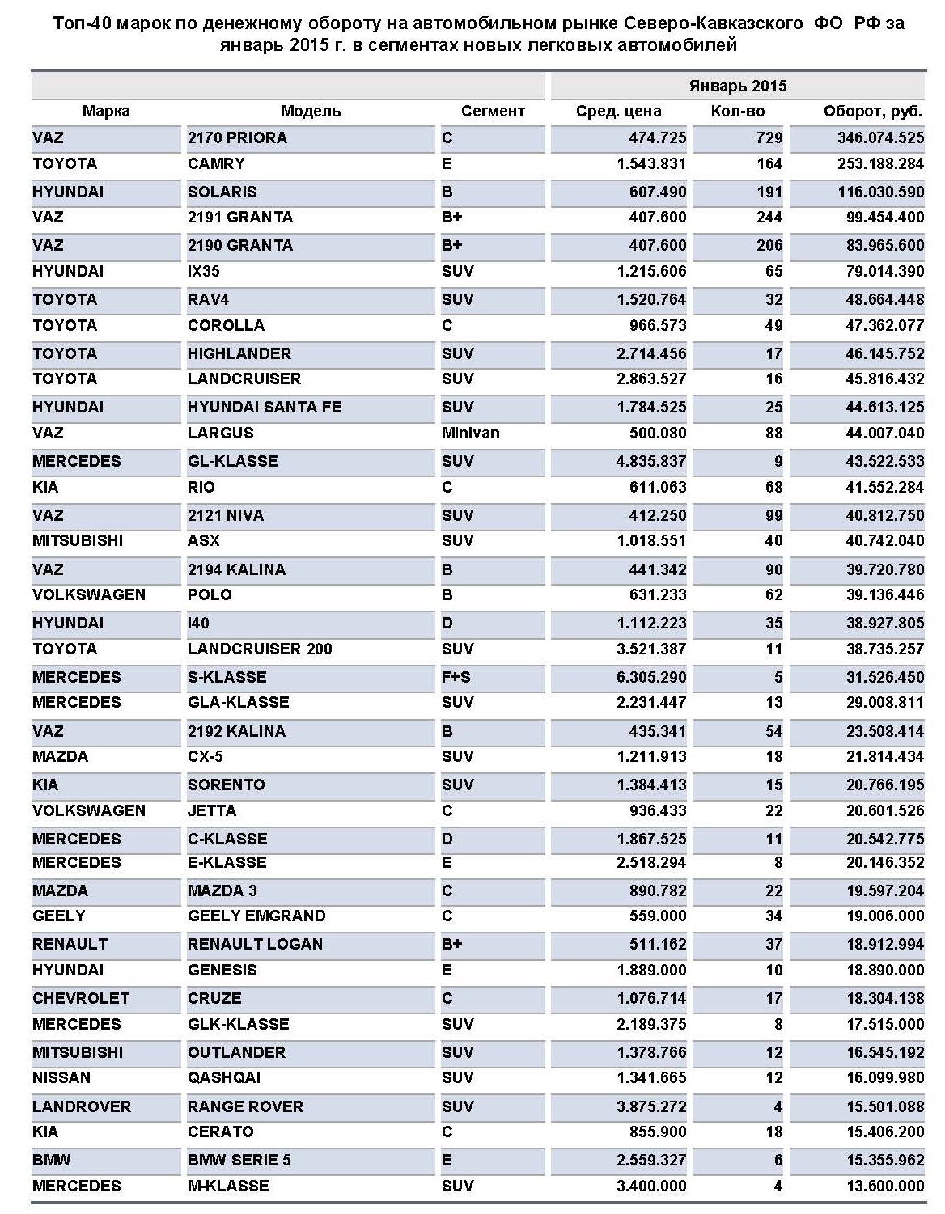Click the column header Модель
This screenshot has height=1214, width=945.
coord(311,112)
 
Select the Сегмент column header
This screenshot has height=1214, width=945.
coord(493,112)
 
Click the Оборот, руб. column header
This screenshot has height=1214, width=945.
coord(873,112)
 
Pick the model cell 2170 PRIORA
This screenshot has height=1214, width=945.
coord(237,138)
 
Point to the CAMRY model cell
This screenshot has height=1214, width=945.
coord(216,164)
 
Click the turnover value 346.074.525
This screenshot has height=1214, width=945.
coord(880,138)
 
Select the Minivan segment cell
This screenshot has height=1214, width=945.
coord(471,434)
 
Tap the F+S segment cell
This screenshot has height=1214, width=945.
coord(456,678)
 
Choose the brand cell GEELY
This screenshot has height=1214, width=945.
coord(59,916)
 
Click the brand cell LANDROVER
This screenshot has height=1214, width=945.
coord(81,1107)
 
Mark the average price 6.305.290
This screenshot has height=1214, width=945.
coord(650,678)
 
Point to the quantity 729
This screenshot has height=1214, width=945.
coord(769,138)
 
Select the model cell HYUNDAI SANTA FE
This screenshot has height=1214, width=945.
coord(265,408)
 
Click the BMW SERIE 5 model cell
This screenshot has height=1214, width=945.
coord(239,1161)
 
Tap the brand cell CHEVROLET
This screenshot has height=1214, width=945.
coord(81,999)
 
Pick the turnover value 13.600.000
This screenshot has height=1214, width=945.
coord(884,1187)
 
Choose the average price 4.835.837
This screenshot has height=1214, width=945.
coord(650,462)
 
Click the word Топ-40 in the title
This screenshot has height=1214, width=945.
coord(82,23)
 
